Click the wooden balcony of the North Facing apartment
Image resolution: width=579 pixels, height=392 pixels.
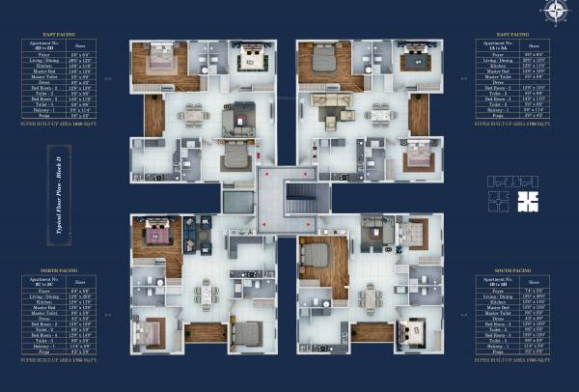coord(206,333)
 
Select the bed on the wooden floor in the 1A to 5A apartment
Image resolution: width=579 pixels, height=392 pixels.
coord(324,66)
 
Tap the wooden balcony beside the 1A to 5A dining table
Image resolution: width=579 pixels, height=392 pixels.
coord(417,115)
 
